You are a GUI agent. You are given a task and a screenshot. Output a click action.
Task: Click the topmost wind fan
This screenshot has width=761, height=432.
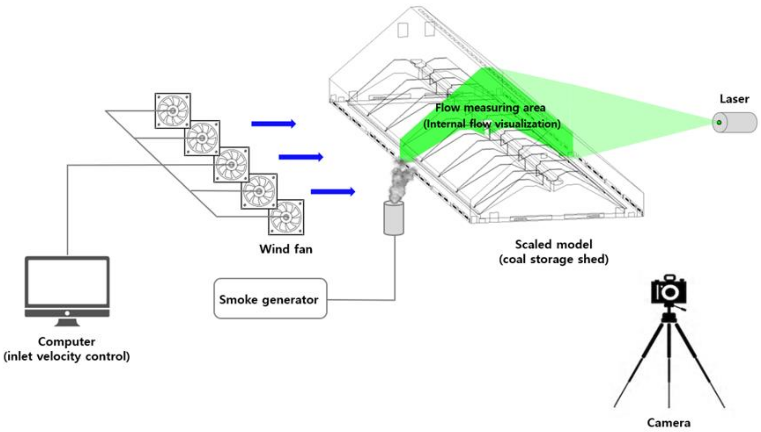point(173,111)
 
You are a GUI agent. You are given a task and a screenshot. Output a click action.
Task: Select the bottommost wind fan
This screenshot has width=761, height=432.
point(286,217)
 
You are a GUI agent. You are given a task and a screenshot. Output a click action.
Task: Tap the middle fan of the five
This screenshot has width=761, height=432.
point(231,165)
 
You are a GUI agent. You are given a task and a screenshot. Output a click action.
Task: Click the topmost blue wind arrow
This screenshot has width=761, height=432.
point(273,124)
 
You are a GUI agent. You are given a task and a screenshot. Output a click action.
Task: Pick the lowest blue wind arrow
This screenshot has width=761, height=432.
point(333,191)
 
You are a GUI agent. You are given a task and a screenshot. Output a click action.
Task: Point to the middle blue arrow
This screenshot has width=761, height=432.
point(301,157)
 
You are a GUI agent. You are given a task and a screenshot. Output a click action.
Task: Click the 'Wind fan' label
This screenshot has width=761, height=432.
point(286,249)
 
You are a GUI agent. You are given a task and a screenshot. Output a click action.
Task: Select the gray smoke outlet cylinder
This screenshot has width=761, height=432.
point(394,218)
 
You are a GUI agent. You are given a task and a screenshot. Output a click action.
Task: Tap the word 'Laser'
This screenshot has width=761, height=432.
point(734,99)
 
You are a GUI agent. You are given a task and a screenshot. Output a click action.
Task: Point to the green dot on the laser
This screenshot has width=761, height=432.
point(719,123)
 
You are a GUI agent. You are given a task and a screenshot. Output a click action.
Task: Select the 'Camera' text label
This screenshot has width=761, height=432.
point(669,423)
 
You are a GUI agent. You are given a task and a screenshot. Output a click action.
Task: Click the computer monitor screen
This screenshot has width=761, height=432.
point(67,282)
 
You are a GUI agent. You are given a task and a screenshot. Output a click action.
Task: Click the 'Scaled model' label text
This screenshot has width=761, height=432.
point(554,245)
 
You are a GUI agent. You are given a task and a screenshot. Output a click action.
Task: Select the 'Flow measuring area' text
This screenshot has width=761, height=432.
point(490,108)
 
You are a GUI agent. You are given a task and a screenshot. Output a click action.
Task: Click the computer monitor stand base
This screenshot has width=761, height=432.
point(67,323)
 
